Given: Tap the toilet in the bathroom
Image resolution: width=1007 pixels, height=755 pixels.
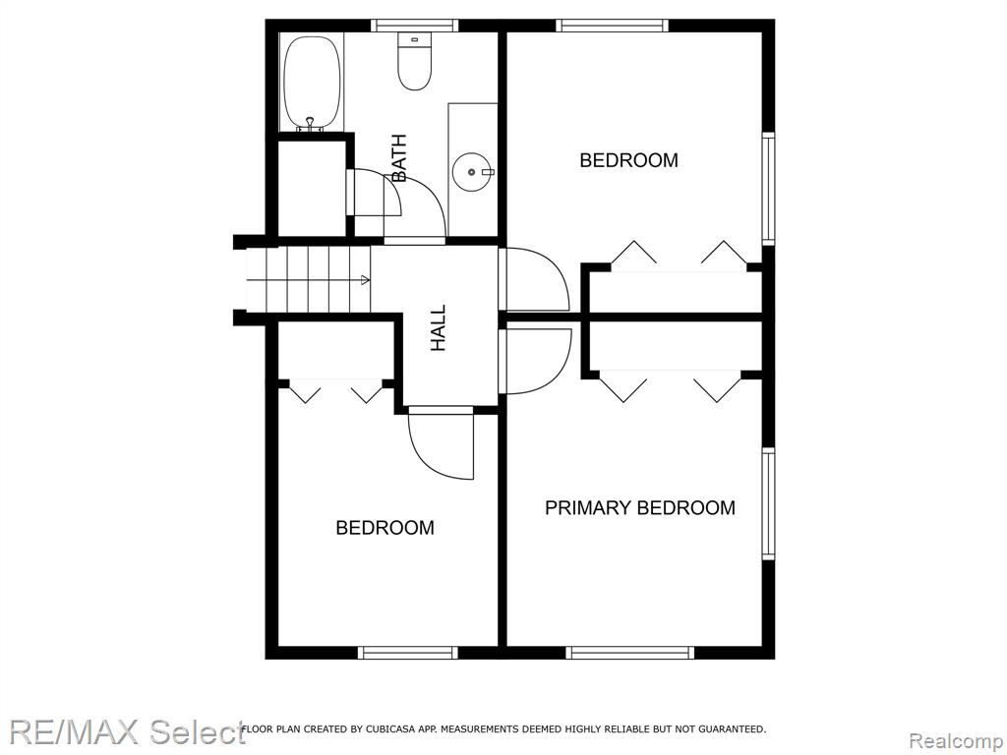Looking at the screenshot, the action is [414, 61].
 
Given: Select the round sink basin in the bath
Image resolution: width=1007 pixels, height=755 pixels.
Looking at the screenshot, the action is [472, 172].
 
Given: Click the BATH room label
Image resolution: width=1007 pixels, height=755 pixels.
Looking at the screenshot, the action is [399, 158].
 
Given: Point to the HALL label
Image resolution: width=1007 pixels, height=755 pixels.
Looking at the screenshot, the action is [438, 328].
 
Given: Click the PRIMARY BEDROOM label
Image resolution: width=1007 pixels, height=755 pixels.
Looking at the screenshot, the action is [639, 508].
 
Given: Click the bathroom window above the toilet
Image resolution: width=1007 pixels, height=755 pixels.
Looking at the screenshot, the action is [414, 26].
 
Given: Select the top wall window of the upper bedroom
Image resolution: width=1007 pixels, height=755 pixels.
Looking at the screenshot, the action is [612, 26].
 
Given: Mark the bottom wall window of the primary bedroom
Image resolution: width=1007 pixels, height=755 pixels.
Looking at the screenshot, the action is [630, 653].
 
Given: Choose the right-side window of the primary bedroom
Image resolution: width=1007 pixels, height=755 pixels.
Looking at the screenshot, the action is [768, 503].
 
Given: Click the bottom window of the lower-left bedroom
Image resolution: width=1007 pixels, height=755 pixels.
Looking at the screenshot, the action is [408, 653].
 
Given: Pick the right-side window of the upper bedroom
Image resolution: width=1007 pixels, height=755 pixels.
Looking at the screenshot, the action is [768, 188].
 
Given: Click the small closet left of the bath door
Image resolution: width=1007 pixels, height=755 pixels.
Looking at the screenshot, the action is [312, 189].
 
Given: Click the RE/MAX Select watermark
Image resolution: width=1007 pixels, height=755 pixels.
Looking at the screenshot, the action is [127, 731].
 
